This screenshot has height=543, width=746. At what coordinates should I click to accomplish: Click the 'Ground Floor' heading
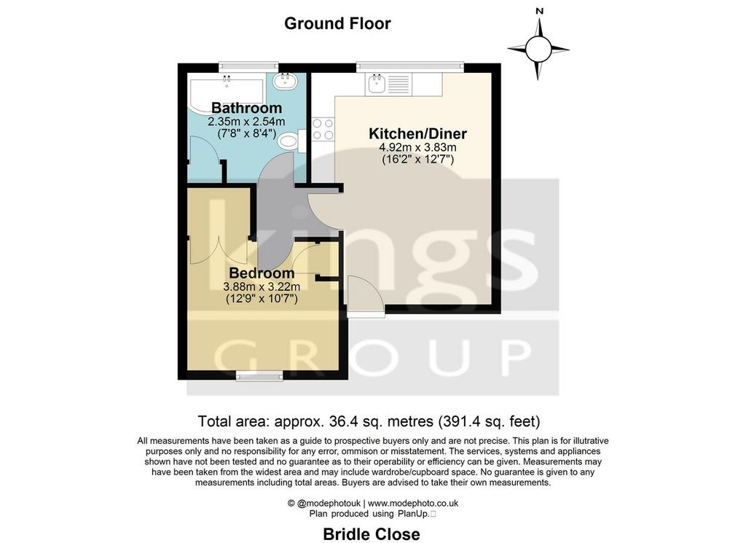coord(337,23)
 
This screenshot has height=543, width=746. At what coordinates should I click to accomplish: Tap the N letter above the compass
coord(539,11)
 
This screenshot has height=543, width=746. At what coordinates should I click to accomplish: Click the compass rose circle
coord(538,49)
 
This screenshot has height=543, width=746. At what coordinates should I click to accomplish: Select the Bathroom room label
coord(246,108)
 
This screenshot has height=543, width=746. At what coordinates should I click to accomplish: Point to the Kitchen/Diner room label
coord(417,133)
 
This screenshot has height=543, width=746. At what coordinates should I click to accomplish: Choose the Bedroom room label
coord(262,273)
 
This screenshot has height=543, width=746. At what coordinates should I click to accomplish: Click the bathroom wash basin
coord(286,80)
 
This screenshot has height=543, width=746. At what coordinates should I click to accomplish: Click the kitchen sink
coord(377,85)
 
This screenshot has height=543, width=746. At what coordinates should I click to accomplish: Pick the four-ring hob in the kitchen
coord(323,129)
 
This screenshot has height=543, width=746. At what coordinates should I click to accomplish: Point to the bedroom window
coord(259,376)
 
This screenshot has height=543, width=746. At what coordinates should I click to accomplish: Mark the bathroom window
coord(248,67)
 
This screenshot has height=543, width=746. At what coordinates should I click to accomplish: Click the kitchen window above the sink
coord(409,67)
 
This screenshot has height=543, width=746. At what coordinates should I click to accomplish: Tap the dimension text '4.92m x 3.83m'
coord(417,147)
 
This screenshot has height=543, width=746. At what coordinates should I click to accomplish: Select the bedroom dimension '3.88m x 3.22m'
coord(262,286)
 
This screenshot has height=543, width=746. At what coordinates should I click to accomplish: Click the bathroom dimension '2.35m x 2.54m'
coord(246,121)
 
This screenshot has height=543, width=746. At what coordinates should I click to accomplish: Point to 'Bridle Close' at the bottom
coord(372,534)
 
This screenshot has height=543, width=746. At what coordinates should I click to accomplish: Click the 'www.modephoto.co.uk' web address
coord(413,503)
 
